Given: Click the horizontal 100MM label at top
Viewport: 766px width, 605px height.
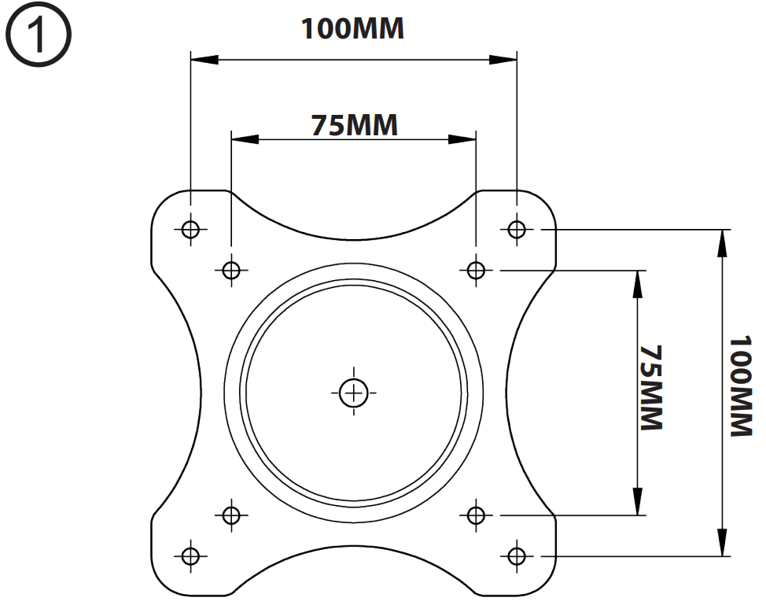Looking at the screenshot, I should click(353, 28).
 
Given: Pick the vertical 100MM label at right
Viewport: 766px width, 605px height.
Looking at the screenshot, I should click(740, 387).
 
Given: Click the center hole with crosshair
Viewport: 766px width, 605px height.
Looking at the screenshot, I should click(354, 391).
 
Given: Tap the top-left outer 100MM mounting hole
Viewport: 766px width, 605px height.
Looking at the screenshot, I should click(190, 229).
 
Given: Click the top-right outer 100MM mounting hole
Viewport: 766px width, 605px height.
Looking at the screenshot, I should click(516, 229).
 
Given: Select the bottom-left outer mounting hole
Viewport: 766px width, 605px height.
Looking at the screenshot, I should click(189, 555).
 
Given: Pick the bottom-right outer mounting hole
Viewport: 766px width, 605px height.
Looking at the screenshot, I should click(516, 555).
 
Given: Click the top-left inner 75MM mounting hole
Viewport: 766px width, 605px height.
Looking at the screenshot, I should click(230, 270).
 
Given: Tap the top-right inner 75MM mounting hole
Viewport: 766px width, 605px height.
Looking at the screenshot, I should click(475, 270).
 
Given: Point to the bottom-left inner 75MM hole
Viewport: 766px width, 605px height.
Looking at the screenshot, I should click(230, 515).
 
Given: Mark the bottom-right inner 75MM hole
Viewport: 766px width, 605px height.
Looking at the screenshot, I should click(475, 515).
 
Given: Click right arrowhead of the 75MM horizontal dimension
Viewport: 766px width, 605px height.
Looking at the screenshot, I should click(463, 139).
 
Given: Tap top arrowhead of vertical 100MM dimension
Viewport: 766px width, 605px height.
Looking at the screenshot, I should click(721, 242).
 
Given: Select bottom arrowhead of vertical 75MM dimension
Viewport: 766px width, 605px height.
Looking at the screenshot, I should click(637, 502).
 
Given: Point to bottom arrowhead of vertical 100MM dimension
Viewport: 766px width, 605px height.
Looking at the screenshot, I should click(721, 543).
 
